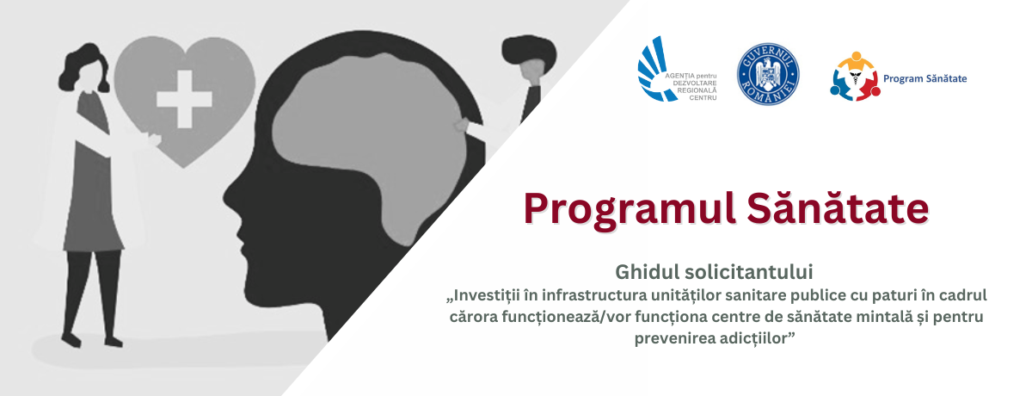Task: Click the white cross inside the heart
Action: tap(184, 99)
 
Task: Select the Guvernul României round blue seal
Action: tap(768, 74)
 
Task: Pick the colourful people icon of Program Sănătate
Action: tap(855, 77)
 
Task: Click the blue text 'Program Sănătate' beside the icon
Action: tap(924, 79)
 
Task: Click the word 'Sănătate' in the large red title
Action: tap(838, 208)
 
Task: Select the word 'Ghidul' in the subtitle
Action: tap(648, 272)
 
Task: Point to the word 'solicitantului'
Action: tap(749, 272)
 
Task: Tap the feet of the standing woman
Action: tap(92, 340)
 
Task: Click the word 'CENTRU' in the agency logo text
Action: tap(703, 98)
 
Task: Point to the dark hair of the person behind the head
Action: tap(529, 51)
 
